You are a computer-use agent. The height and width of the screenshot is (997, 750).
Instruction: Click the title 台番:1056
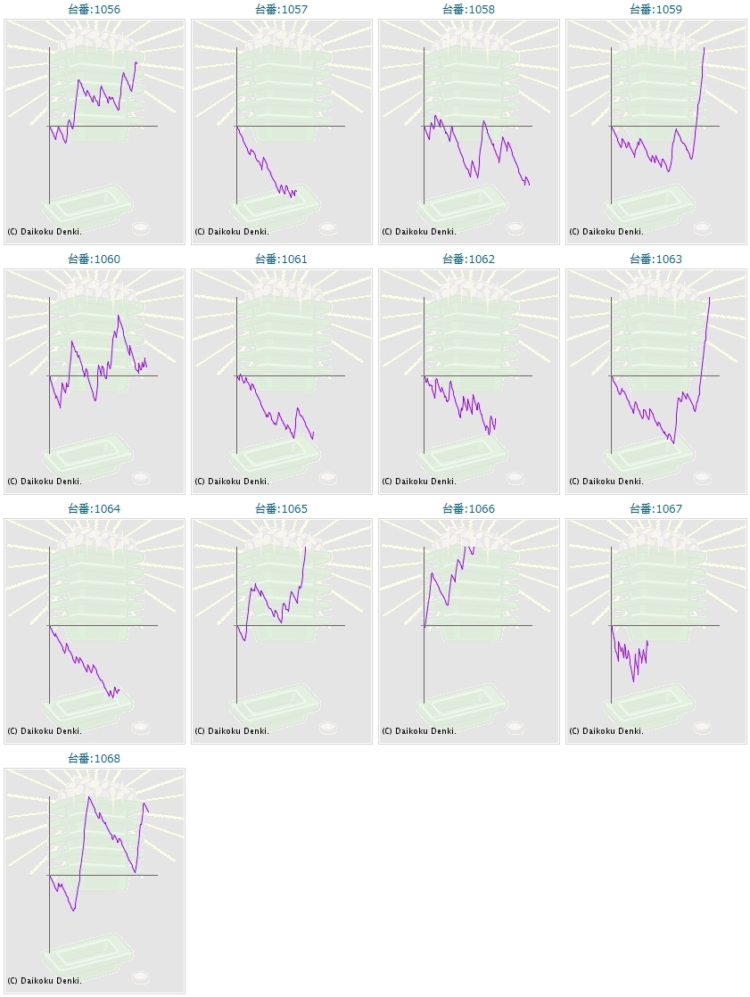coord(94,10)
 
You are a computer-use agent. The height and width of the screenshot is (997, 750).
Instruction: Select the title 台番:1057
coord(281,10)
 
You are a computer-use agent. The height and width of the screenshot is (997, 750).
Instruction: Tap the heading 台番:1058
coord(468,10)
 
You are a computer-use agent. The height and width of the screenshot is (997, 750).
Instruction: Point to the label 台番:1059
coord(655,10)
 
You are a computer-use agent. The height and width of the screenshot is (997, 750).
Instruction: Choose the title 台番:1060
coord(94,260)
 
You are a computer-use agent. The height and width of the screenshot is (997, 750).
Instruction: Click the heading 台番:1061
coord(281,260)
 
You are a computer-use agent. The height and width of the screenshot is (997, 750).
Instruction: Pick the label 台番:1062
coord(468,260)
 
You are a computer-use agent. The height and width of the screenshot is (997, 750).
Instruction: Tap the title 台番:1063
coord(655,260)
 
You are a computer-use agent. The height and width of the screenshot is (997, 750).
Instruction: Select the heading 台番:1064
coord(94,509)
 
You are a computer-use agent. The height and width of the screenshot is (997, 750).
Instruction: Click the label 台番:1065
coord(281,509)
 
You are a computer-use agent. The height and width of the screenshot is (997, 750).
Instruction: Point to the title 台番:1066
coord(468,509)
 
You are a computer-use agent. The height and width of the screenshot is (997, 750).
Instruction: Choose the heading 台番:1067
coord(655,509)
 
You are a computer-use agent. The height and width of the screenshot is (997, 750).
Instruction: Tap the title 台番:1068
coord(94,759)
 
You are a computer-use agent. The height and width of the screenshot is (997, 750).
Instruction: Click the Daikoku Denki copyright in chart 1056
coord(45,232)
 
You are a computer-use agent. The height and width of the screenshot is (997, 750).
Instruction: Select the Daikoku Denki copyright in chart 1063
coord(606,482)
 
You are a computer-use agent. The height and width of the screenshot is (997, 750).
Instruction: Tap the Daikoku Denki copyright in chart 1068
coord(45,981)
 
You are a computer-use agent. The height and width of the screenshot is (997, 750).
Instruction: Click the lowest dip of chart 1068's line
coord(73,910)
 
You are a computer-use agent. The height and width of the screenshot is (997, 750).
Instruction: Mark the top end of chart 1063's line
coord(710,297)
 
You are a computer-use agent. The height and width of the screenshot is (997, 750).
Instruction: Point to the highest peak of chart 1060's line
coord(118,316)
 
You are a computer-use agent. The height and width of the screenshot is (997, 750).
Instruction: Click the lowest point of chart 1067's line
coord(634,681)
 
